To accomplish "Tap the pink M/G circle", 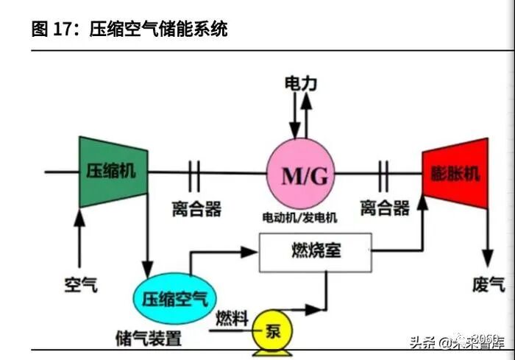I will pyautogui.click(x=299, y=175).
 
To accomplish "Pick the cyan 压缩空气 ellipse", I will pyautogui.click(x=174, y=299).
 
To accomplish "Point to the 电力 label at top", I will pyautogui.click(x=300, y=84).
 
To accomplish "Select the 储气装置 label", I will pyautogui.click(x=149, y=338).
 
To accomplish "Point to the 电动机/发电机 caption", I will pyautogui.click(x=299, y=218).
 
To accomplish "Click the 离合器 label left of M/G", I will pyautogui.click(x=196, y=209).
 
